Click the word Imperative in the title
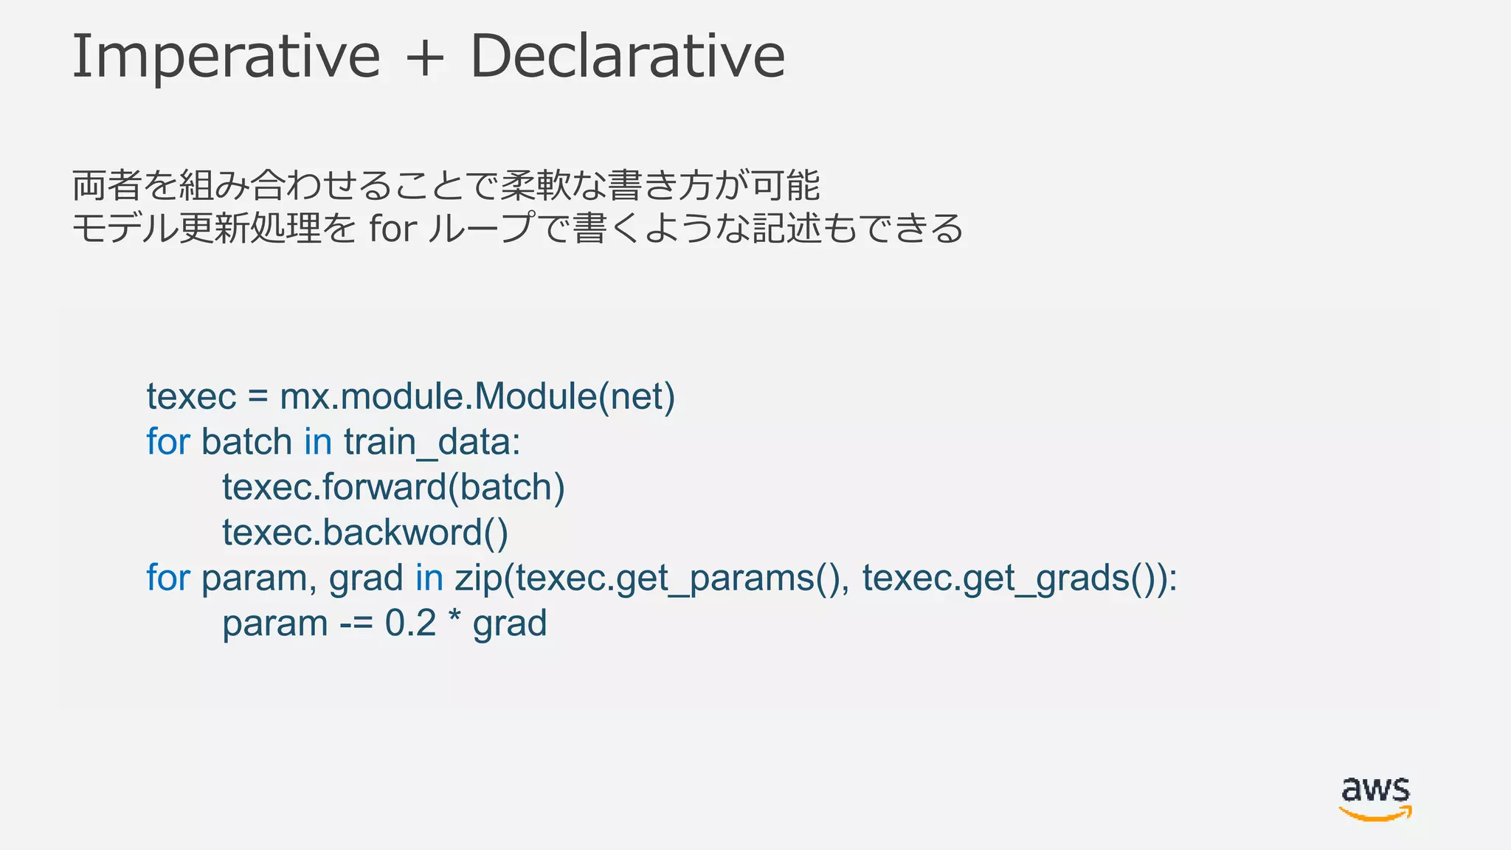click(x=226, y=57)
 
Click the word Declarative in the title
click(x=627, y=57)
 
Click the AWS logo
click(x=1375, y=798)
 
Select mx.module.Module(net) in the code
click(x=477, y=396)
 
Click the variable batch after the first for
click(x=246, y=442)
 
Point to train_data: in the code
click(x=432, y=443)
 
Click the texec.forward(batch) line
click(x=393, y=488)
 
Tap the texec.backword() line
click(x=365, y=533)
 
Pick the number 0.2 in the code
click(x=410, y=623)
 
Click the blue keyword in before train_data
click(x=318, y=442)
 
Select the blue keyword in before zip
click(x=429, y=578)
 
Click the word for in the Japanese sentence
click(x=393, y=228)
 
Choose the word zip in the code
click(x=478, y=578)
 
